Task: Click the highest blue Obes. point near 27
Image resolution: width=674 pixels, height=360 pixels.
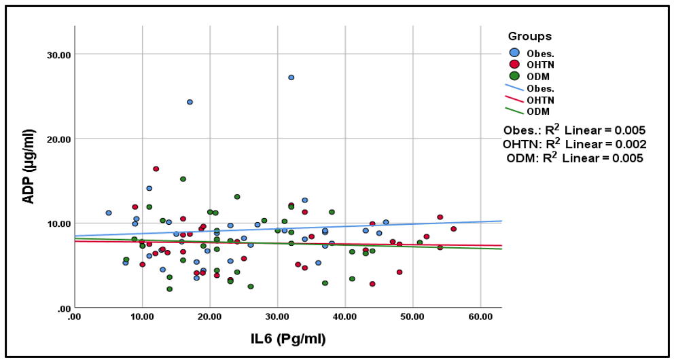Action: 291,77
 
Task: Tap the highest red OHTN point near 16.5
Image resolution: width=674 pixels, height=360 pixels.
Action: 156,168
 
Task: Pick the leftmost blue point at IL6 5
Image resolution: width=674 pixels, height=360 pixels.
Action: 108,213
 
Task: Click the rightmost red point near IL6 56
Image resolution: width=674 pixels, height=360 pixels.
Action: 453,229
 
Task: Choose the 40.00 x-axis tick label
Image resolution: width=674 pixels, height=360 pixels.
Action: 345,317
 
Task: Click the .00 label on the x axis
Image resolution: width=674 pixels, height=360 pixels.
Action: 74,317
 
